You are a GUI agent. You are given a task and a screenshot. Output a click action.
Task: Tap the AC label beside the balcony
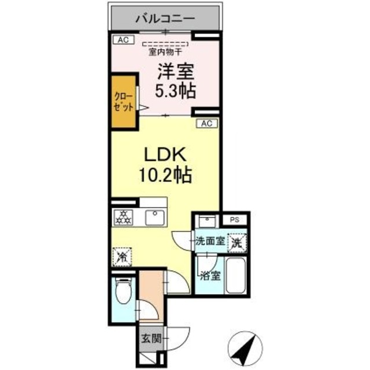point(122,40)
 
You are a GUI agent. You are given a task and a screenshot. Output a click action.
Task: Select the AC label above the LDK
point(208,123)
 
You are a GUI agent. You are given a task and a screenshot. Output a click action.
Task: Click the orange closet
point(124,102)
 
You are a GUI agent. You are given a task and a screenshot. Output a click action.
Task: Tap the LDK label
point(164,154)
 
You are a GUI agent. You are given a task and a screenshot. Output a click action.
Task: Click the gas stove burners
point(124,217)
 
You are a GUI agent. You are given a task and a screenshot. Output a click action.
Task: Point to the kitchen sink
point(155,218)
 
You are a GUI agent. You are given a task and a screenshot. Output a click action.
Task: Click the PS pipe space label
point(234,220)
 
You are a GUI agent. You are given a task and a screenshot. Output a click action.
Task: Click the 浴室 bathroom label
point(209,276)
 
